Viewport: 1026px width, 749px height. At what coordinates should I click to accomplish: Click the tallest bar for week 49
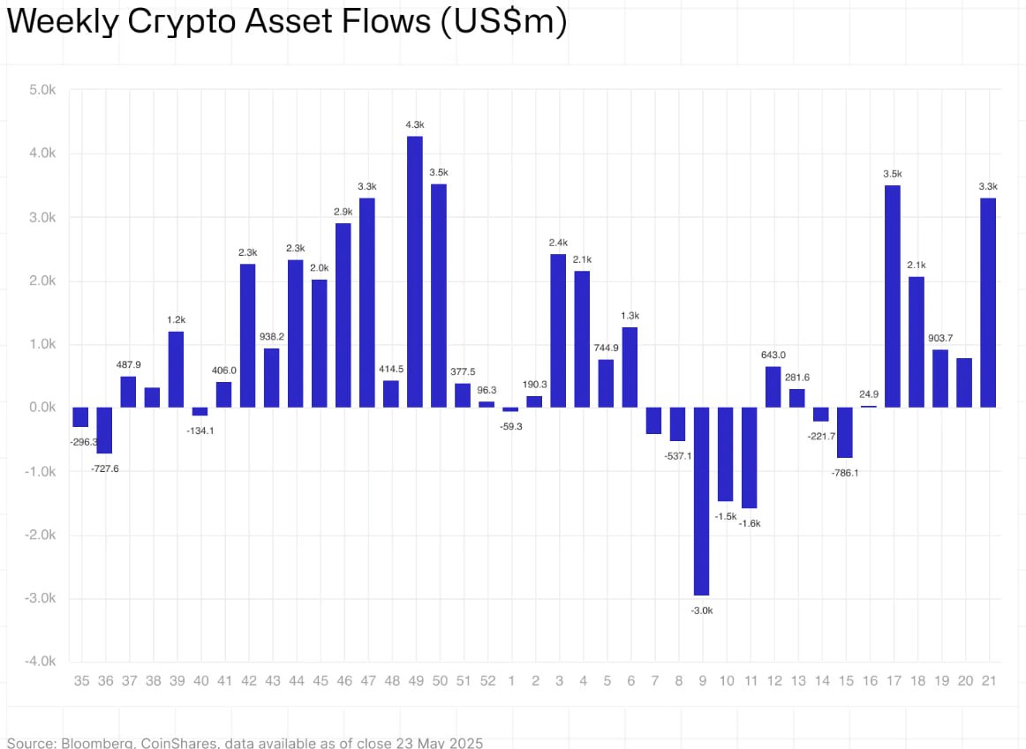click(414, 272)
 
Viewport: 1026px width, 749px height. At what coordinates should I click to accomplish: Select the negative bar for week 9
click(701, 501)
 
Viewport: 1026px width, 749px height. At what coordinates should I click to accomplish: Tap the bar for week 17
click(893, 296)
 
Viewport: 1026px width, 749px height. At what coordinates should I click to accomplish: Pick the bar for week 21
click(988, 303)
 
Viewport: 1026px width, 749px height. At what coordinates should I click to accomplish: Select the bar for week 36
click(104, 431)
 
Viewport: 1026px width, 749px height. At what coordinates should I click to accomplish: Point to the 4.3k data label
click(414, 125)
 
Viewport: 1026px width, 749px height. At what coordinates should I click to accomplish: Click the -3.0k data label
click(701, 610)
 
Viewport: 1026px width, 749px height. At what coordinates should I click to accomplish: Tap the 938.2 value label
click(272, 337)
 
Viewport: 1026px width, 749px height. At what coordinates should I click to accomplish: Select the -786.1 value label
click(845, 473)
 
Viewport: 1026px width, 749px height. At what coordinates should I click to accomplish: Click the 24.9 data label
click(869, 393)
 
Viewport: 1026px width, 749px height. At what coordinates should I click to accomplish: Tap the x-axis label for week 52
click(487, 681)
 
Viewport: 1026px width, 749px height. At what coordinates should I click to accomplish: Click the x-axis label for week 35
click(81, 681)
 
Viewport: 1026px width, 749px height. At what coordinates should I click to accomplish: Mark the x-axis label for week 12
click(773, 681)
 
